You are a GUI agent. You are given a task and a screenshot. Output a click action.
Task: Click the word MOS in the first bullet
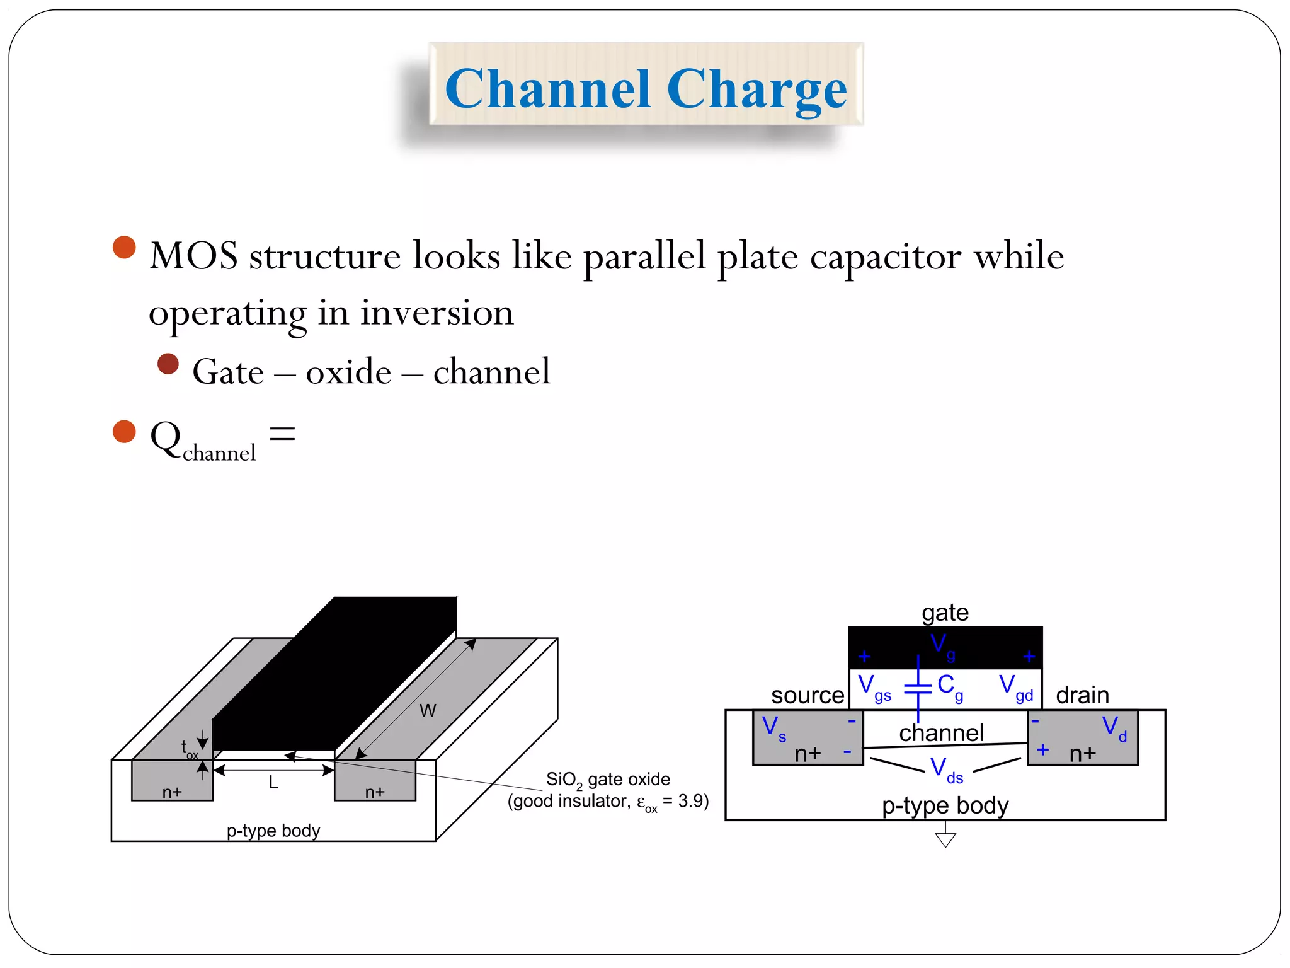click(x=193, y=256)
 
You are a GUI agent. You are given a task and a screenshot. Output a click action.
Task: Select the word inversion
click(x=437, y=313)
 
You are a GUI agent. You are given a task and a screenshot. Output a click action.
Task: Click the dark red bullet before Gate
click(x=168, y=364)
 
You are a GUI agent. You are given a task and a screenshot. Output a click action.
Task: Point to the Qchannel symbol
click(x=202, y=441)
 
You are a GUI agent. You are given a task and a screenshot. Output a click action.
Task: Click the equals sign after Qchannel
click(x=282, y=434)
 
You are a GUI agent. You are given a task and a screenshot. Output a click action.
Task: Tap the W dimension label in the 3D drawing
click(x=428, y=711)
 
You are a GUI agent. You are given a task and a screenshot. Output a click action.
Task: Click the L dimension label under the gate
click(x=273, y=782)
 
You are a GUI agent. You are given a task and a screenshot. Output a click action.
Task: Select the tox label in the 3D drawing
click(x=189, y=749)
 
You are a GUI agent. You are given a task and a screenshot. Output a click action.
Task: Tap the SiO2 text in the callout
click(x=563, y=780)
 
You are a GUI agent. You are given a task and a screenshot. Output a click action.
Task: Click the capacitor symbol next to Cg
click(x=918, y=688)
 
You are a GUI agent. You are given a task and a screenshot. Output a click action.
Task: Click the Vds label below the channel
click(x=946, y=770)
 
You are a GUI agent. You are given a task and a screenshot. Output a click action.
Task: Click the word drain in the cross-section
click(x=1082, y=695)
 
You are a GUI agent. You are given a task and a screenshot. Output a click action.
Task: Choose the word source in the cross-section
click(x=807, y=695)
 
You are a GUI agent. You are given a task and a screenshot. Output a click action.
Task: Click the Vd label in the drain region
click(x=1114, y=729)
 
